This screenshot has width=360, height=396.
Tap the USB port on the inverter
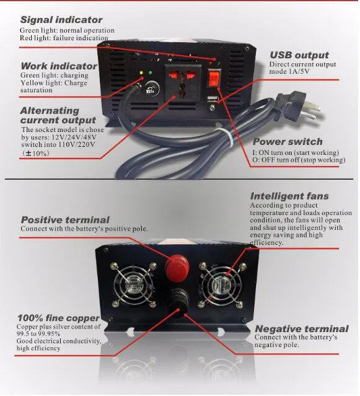tap(212, 99)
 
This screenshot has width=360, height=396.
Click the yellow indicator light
tap(141, 73)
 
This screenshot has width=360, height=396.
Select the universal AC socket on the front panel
tap(183, 82)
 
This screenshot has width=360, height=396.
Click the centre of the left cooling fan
tap(133, 285)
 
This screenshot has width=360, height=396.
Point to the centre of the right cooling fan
tap(222, 284)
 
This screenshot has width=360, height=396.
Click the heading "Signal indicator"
tap(61, 20)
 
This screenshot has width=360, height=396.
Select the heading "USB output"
tap(299, 55)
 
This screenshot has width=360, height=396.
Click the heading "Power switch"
tap(288, 141)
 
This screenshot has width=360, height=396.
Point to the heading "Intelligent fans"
tap(289, 196)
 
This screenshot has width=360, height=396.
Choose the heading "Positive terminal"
tap(65, 220)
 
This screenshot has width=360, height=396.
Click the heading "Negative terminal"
tap(302, 329)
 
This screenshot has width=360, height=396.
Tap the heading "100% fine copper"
tap(59, 318)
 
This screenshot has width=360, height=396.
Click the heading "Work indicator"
tap(59, 66)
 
